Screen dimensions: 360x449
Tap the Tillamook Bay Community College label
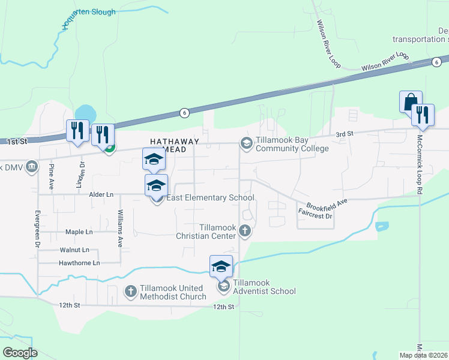click(292, 144)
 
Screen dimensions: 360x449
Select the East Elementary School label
click(211, 197)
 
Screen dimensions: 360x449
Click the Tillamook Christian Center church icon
click(244, 230)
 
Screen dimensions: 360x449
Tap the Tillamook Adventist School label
click(264, 287)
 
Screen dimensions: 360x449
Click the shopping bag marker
click(411, 101)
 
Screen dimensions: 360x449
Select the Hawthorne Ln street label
click(79, 263)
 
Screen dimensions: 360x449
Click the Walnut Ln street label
click(74, 250)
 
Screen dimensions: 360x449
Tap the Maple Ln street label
click(79, 232)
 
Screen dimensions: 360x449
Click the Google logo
click(20, 353)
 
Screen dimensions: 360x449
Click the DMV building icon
click(32, 167)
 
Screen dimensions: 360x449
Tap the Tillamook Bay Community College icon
click(246, 143)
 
